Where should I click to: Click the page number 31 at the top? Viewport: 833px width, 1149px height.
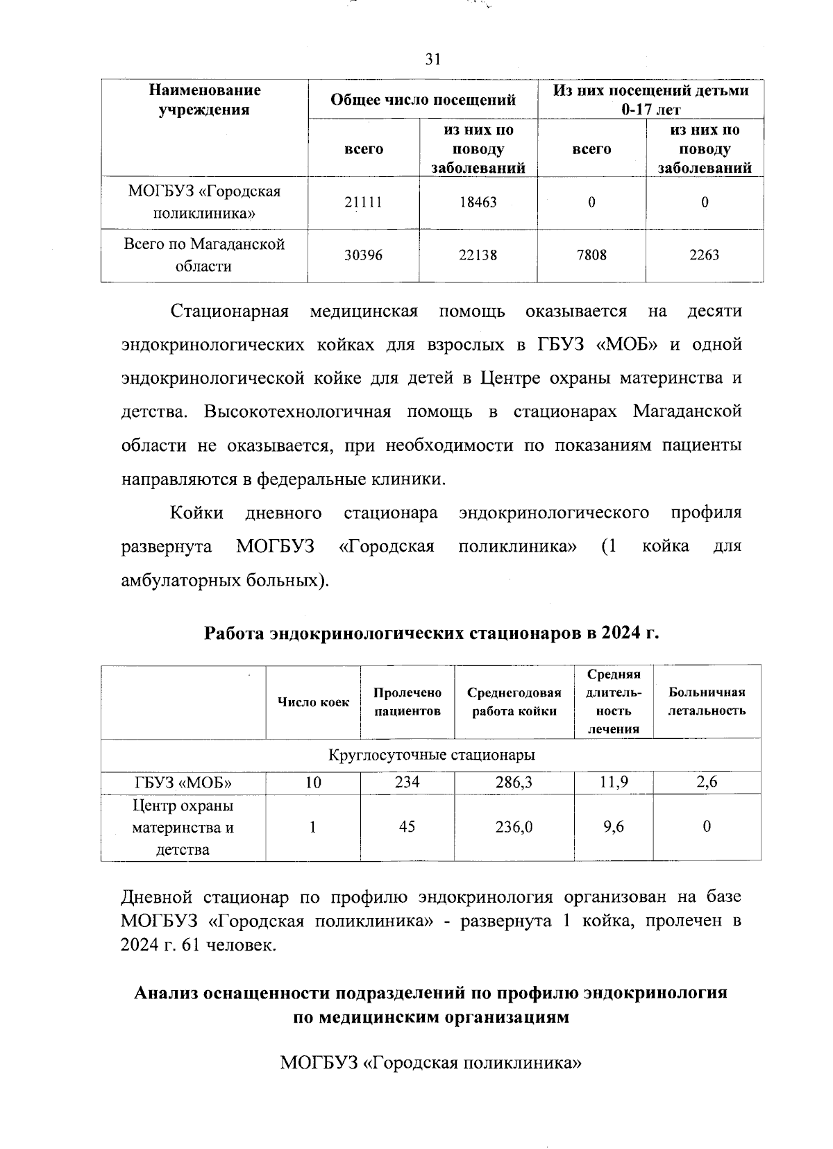pyautogui.click(x=432, y=60)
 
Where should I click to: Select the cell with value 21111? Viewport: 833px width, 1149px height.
pyautogui.click(x=363, y=203)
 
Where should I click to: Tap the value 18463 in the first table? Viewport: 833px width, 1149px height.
pyautogui.click(x=478, y=203)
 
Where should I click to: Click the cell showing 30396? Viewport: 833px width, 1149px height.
pyautogui.click(x=363, y=255)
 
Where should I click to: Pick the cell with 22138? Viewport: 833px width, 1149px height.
pyautogui.click(x=478, y=255)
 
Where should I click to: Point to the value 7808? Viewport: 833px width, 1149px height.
pyautogui.click(x=591, y=255)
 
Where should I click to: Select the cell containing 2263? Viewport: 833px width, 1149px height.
pyautogui.click(x=704, y=255)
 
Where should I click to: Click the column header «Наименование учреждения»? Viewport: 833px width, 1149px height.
pyautogui.click(x=204, y=100)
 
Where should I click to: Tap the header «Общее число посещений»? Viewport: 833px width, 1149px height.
pyautogui.click(x=423, y=100)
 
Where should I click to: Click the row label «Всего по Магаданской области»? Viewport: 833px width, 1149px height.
pyautogui.click(x=204, y=255)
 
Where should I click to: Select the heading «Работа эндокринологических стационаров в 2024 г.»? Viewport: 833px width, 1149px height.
pyautogui.click(x=431, y=633)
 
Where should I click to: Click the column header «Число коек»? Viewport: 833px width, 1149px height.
pyautogui.click(x=313, y=702)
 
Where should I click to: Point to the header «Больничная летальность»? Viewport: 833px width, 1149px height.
pyautogui.click(x=706, y=701)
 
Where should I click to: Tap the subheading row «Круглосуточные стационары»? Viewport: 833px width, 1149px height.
pyautogui.click(x=431, y=755)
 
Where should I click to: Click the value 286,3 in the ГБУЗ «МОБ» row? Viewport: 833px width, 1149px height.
pyautogui.click(x=514, y=783)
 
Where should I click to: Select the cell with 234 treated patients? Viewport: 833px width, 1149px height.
pyautogui.click(x=407, y=783)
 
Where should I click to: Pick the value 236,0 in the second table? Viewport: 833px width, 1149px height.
pyautogui.click(x=514, y=827)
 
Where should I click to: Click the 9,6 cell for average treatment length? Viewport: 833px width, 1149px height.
pyautogui.click(x=613, y=827)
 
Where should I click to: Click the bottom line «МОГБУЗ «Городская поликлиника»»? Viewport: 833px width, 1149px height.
pyautogui.click(x=430, y=1063)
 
